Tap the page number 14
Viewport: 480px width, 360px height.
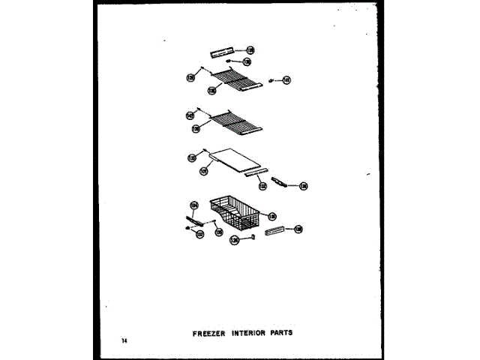[x=124, y=341]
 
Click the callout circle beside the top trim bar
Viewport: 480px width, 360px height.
[x=250, y=50]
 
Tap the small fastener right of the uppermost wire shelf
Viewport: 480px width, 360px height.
[x=271, y=80]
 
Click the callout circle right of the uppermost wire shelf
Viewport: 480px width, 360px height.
[x=286, y=79]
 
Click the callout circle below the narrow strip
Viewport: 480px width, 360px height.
[x=262, y=186]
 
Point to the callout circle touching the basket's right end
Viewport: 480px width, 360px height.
[x=272, y=212]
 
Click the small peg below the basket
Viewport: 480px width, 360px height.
[x=255, y=235]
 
